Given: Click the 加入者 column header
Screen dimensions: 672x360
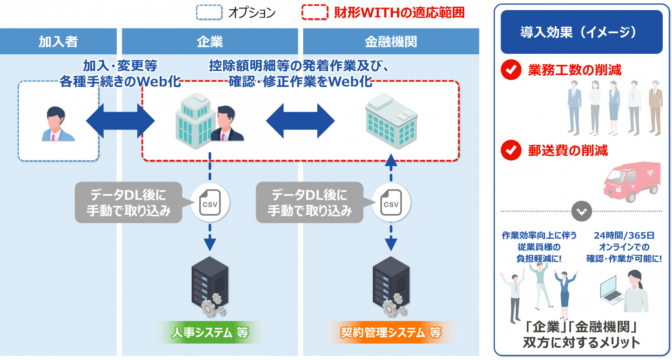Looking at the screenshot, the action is pos(58,42).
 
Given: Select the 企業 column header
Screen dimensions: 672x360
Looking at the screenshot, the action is pos(210,42).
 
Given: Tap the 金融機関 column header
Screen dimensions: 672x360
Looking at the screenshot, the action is pos(391,42).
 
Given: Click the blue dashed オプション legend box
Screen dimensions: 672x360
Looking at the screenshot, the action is pos(209,12).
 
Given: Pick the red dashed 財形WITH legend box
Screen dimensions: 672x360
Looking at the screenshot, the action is pos(315,12).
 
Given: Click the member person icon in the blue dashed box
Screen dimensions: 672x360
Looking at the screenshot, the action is pos(58,124).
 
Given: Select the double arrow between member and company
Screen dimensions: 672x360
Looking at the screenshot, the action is pos(120,121).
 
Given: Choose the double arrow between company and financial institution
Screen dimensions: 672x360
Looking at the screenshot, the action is pos(300,121).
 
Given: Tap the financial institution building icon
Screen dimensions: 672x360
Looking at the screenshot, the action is pos(391,121).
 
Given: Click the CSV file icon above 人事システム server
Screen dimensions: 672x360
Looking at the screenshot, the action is pos(210,203).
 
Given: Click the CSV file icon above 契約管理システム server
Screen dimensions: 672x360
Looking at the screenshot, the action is pos(391,203).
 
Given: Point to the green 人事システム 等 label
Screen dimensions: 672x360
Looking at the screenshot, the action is pos(210,332).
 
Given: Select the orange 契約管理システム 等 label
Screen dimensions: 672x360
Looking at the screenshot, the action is pos(391,332).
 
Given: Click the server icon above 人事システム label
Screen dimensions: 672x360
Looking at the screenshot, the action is pos(210,287).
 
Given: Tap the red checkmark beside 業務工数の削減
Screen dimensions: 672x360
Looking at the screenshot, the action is pos(511,70).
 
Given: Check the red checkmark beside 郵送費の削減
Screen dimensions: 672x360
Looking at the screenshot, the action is pos(511,150).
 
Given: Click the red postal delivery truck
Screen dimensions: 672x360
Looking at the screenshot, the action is pos(632,182).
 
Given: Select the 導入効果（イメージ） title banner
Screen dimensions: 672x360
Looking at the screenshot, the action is pos(581,32).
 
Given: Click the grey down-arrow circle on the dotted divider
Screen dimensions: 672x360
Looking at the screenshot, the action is pos(581,211).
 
